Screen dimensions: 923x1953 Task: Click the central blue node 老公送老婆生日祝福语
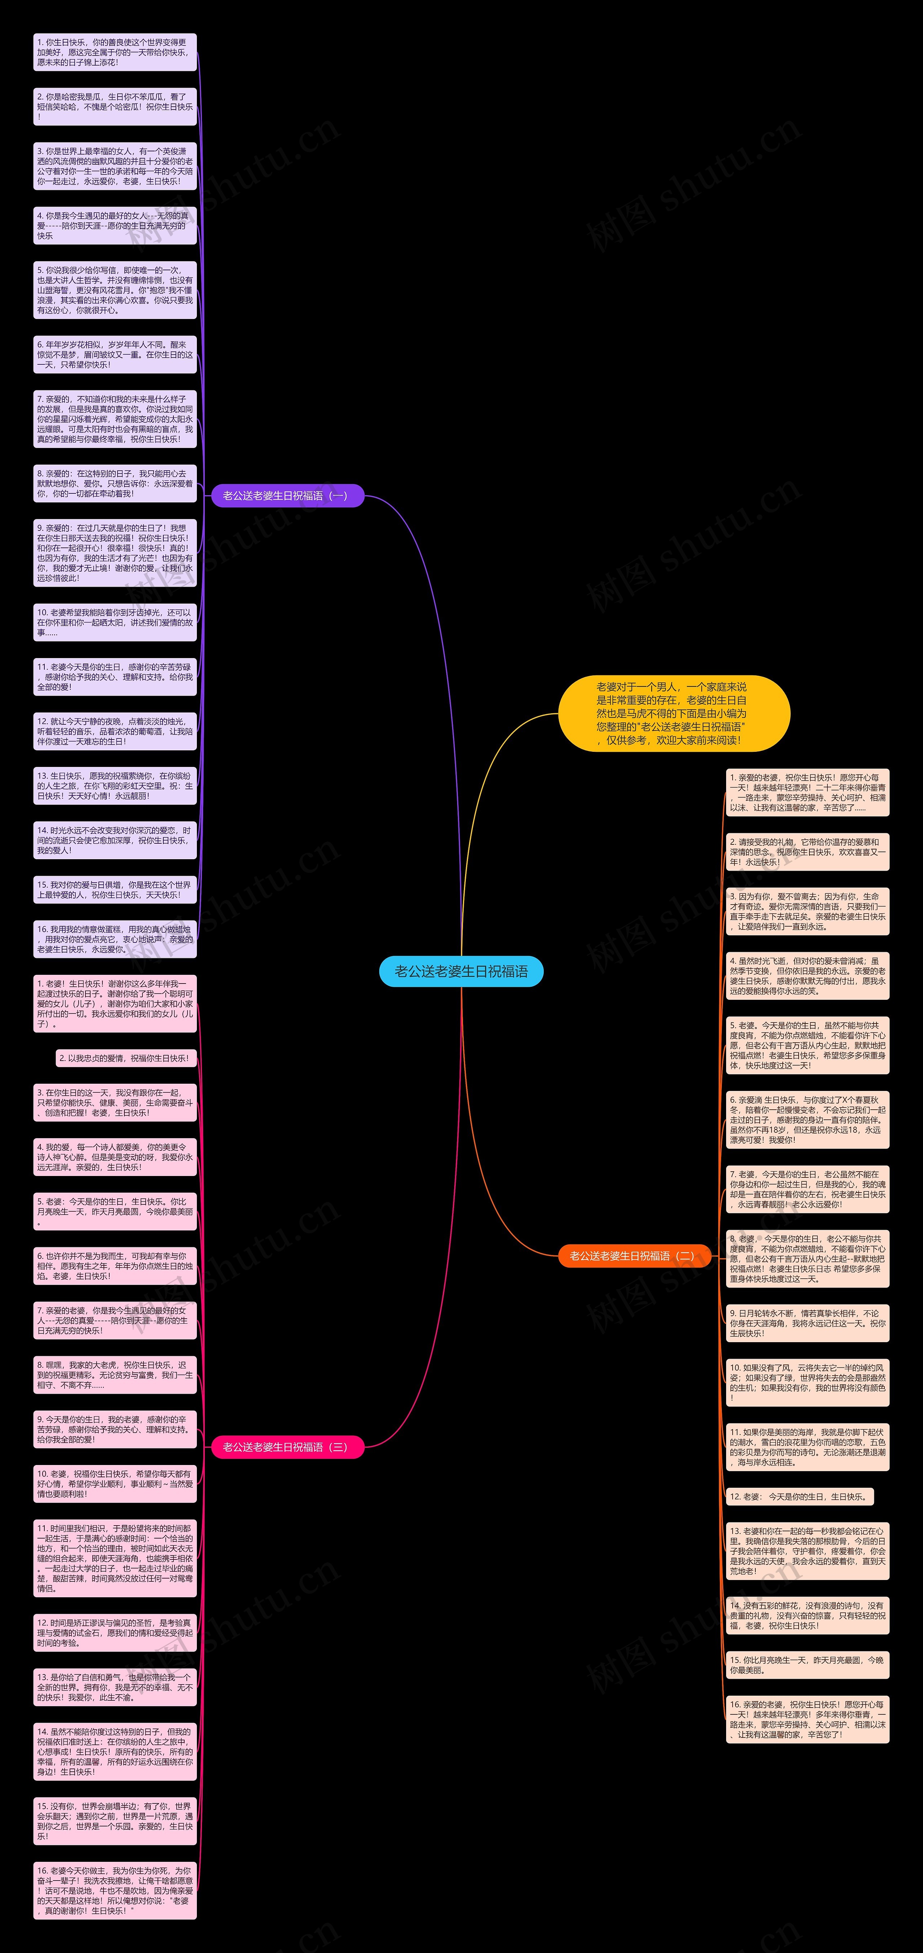click(461, 971)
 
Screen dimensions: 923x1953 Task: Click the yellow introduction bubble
click(674, 714)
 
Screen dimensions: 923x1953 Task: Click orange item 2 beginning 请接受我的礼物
click(807, 852)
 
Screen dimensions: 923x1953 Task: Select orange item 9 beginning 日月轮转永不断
click(807, 1323)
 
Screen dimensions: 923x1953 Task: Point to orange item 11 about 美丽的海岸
click(807, 1447)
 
